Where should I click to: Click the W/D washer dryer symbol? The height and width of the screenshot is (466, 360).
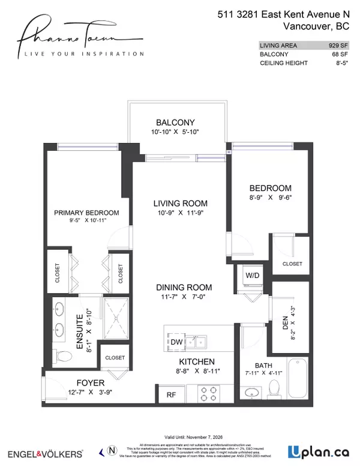tap(251, 276)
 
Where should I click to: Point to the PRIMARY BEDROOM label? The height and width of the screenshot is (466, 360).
tap(86, 213)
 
